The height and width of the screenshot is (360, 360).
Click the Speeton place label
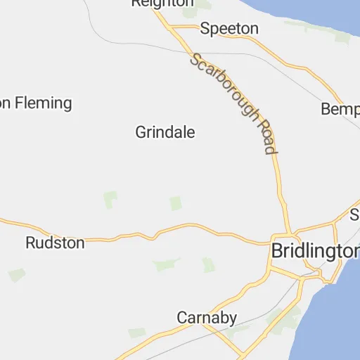click(x=229, y=29)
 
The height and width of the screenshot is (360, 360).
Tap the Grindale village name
click(x=165, y=132)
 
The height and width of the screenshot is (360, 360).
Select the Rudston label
click(x=55, y=243)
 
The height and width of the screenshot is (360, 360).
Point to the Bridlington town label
click(x=315, y=251)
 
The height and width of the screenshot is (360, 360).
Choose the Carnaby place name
click(x=207, y=318)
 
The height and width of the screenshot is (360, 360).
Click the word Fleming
click(x=44, y=103)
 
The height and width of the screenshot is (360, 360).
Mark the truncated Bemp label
click(x=340, y=110)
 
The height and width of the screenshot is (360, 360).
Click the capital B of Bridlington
click(x=278, y=251)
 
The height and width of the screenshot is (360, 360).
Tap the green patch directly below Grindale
click(x=175, y=203)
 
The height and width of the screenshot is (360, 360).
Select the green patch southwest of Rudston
click(x=16, y=274)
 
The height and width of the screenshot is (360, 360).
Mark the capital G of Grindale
click(x=141, y=132)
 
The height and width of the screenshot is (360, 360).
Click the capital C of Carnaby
click(x=182, y=318)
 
